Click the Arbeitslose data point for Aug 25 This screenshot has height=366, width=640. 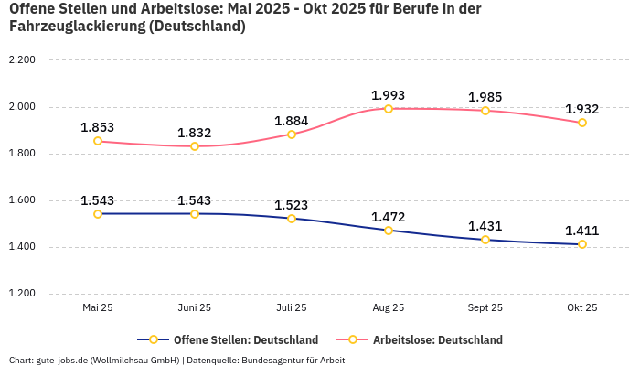[x=389, y=109]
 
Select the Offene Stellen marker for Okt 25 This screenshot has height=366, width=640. [x=582, y=244]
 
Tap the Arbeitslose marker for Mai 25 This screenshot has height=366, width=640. [x=98, y=141]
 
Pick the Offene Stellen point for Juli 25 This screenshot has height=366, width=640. [x=292, y=219]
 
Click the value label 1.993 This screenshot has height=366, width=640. [x=389, y=95]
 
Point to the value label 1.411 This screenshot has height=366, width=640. [x=582, y=231]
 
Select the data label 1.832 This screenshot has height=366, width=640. [x=195, y=133]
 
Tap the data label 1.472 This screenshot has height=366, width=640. [x=389, y=217]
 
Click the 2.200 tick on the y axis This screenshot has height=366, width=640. [x=21, y=60]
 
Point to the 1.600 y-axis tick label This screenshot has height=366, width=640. [x=21, y=200]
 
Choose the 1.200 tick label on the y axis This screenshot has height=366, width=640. [x=21, y=294]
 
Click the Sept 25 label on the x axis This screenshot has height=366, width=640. [x=485, y=308]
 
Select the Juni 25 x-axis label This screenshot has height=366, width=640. [x=195, y=308]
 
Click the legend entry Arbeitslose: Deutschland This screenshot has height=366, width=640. [x=437, y=340]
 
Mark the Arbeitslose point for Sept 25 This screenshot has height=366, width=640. [x=485, y=111]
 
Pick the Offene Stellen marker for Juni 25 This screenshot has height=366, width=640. [x=195, y=214]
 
